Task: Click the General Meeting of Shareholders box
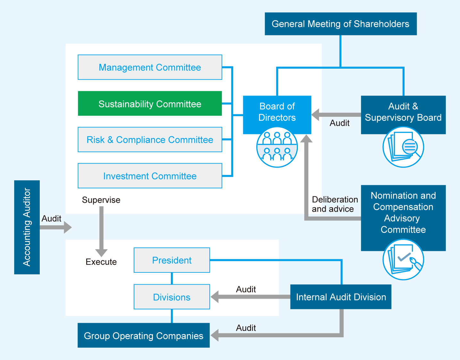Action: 340,24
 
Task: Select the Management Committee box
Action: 150,67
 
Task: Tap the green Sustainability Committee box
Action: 150,104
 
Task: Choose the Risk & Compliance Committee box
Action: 150,140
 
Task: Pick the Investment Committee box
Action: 150,176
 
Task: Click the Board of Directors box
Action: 277,112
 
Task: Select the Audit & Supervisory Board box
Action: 403,112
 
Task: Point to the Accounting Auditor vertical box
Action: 27,227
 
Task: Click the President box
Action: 172,260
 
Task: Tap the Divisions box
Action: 172,297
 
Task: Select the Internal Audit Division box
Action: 341,297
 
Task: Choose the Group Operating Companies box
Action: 144,336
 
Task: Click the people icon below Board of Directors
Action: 277,147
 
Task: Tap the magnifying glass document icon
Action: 403,147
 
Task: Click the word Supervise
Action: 101,200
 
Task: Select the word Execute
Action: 101,262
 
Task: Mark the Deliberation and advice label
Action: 335,204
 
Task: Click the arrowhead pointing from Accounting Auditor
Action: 68,227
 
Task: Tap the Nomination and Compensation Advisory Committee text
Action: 403,212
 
